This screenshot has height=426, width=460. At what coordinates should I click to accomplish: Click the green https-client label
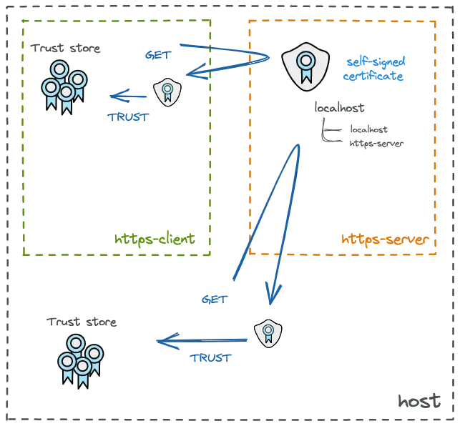tap(156, 239)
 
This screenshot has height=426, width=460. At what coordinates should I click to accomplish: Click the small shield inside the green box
tap(167, 91)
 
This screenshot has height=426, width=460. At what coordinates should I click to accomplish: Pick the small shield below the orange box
tap(268, 333)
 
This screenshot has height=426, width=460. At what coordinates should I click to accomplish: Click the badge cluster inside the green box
tap(63, 85)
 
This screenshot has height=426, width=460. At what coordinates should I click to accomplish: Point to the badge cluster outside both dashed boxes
tap(80, 359)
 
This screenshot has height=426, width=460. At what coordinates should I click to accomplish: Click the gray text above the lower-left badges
tap(82, 323)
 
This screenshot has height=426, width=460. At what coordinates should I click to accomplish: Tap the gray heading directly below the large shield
tap(341, 109)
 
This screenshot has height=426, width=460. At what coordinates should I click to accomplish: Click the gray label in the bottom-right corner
tap(417, 401)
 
